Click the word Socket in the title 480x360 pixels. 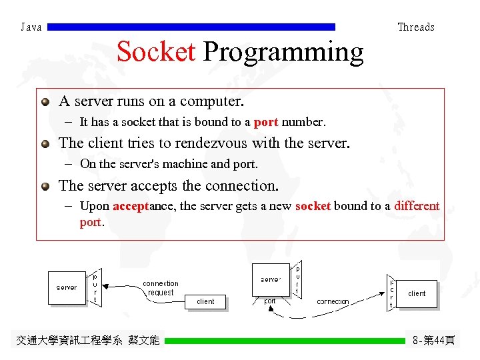click(x=156, y=52)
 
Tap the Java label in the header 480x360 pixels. click(x=31, y=27)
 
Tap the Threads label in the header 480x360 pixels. click(x=415, y=27)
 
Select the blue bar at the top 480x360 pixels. click(x=192, y=27)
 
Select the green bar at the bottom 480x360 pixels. click(x=285, y=341)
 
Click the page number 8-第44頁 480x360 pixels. click(x=433, y=341)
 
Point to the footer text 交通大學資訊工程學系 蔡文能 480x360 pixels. click(x=87, y=341)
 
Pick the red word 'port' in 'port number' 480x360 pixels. click(x=266, y=123)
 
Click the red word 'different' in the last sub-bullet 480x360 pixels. click(x=417, y=206)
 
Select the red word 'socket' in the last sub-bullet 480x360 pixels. click(x=313, y=206)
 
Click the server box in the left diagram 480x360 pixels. click(x=67, y=288)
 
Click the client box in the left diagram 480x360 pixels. click(x=205, y=301)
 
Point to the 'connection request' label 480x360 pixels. click(x=161, y=288)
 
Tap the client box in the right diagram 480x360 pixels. click(x=417, y=293)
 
